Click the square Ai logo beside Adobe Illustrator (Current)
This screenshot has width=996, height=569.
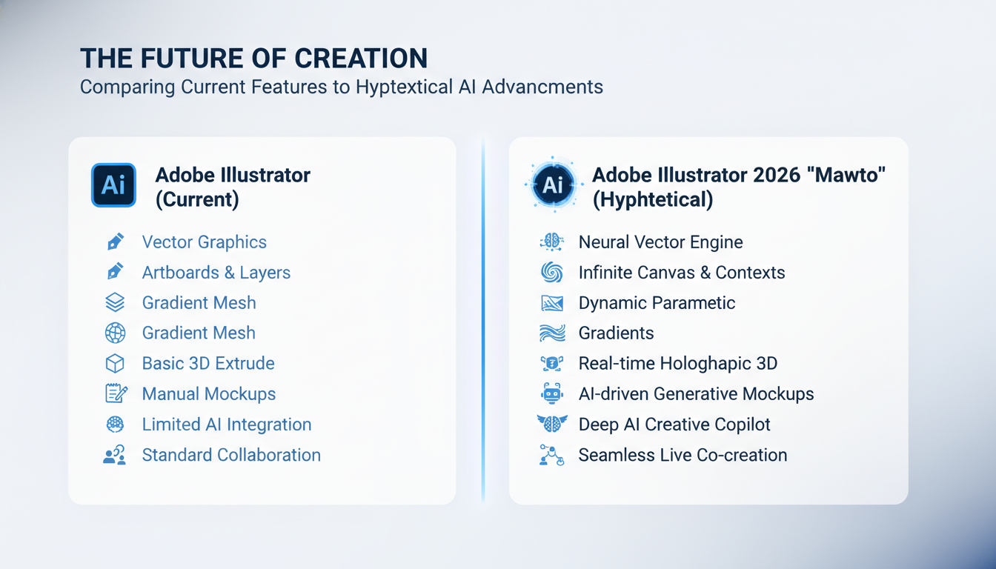(113, 185)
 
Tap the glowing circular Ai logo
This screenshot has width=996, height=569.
(553, 185)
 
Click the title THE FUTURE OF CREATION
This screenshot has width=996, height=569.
(253, 59)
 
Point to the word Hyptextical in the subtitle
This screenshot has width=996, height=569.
(403, 87)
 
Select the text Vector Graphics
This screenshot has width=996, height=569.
(204, 242)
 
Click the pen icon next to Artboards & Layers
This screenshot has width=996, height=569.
(115, 273)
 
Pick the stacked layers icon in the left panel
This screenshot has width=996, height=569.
(115, 302)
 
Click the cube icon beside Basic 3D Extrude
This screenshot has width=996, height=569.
(115, 363)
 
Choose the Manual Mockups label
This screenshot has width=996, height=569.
(208, 393)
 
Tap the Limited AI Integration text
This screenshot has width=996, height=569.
(226, 424)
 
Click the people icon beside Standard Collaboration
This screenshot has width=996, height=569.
(115, 455)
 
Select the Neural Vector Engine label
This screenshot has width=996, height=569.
(660, 242)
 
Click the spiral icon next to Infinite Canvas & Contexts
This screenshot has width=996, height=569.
(552, 273)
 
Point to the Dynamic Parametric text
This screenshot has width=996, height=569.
(657, 302)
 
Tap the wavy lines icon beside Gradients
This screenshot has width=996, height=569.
(552, 333)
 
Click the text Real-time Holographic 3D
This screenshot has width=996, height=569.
(677, 363)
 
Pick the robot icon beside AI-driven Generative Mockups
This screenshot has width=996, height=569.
(552, 393)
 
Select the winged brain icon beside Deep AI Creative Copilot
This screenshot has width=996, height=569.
(552, 424)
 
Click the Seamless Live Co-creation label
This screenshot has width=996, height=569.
(683, 455)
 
